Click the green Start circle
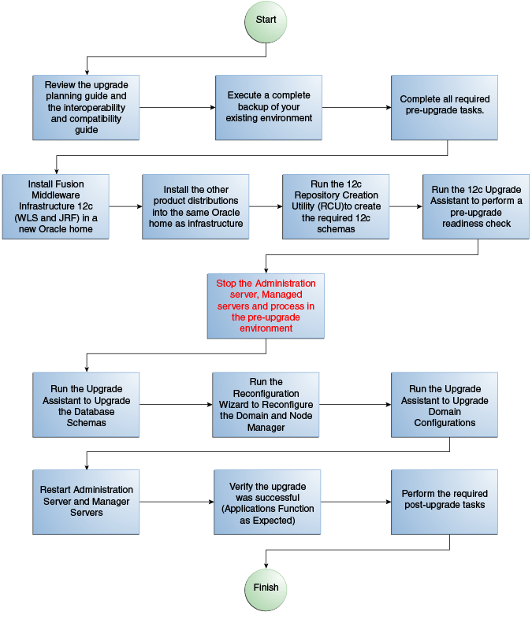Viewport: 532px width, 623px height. [x=266, y=20]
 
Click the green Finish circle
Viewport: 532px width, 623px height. [x=266, y=588]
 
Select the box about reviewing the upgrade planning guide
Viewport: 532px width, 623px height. [x=86, y=107]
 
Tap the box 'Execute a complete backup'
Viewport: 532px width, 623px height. [x=269, y=107]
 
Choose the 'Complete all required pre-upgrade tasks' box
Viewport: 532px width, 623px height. [x=445, y=107]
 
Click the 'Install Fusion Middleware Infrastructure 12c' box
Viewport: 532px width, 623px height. [x=55, y=206]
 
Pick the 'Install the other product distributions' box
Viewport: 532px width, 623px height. [x=196, y=206]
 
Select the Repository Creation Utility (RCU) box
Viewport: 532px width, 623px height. [x=336, y=206]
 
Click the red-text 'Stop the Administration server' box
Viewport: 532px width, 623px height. [x=266, y=306]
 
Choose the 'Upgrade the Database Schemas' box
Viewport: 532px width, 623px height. [x=86, y=405]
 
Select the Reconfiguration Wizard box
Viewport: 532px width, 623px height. [x=266, y=405]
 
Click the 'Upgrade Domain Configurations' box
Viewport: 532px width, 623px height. [x=445, y=405]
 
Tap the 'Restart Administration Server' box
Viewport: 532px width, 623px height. [x=86, y=501]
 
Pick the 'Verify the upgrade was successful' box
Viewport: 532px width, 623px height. [x=266, y=501]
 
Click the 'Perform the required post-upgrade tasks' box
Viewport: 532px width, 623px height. [x=445, y=501]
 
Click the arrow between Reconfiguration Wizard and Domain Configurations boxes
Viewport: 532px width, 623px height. [x=355, y=405]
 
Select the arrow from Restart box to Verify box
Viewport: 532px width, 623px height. [x=177, y=501]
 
